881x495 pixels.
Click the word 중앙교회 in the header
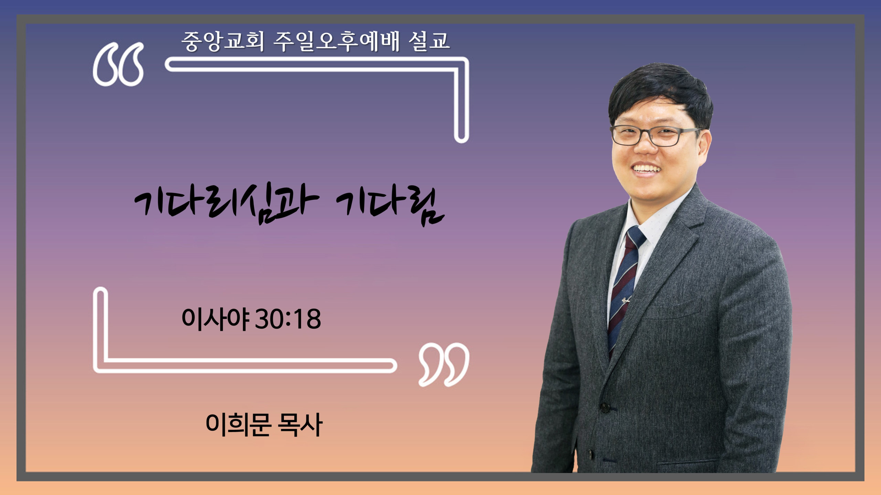tap(223, 41)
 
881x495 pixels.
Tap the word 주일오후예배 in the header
tap(337, 41)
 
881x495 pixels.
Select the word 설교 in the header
tap(429, 41)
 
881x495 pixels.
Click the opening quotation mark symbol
tap(118, 64)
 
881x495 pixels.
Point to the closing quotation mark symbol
tap(444, 364)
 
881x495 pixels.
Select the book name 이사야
tap(215, 319)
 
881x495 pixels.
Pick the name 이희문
tap(238, 425)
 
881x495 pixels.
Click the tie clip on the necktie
tap(626, 301)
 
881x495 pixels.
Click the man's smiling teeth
tap(647, 169)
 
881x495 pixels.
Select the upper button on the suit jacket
tap(605, 408)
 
